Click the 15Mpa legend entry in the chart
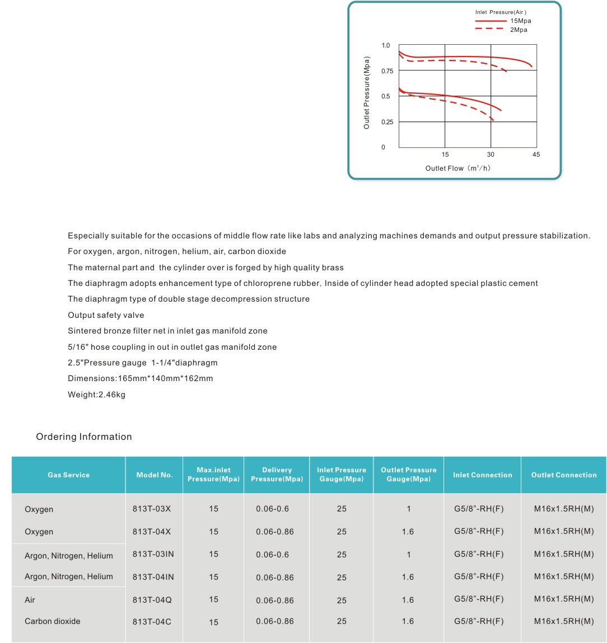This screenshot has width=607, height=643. (520, 21)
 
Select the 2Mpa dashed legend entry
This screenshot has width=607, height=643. (518, 30)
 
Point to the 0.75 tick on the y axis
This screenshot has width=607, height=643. (386, 71)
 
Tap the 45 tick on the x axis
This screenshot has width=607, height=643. (536, 154)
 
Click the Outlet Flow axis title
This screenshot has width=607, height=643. (457, 168)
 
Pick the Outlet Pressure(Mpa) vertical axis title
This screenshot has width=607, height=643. (367, 92)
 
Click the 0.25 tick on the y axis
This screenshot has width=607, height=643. (386, 122)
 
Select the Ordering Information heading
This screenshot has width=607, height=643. (84, 437)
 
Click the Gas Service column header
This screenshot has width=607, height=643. (68, 475)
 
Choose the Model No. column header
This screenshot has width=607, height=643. (155, 475)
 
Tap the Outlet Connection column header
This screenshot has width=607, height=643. (564, 475)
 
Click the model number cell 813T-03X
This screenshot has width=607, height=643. (152, 509)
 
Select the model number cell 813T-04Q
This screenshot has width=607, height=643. (152, 600)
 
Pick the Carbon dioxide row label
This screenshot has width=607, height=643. (53, 621)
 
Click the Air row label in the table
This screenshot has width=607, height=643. (30, 600)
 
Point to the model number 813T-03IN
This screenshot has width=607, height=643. (153, 554)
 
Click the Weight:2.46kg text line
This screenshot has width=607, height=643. (97, 395)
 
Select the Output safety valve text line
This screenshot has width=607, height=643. (106, 315)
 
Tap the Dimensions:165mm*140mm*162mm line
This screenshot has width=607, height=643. (141, 378)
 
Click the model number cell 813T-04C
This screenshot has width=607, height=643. (152, 621)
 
